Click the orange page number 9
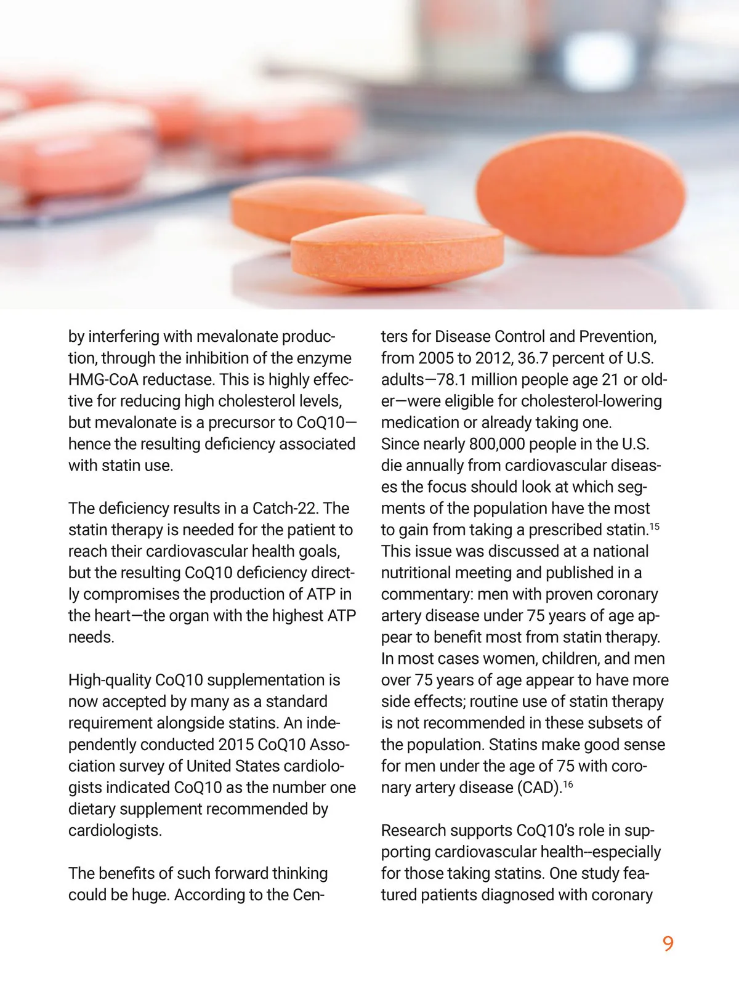668,943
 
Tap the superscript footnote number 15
654,527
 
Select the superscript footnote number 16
568,784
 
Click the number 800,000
498,444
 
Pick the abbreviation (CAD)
533,788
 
